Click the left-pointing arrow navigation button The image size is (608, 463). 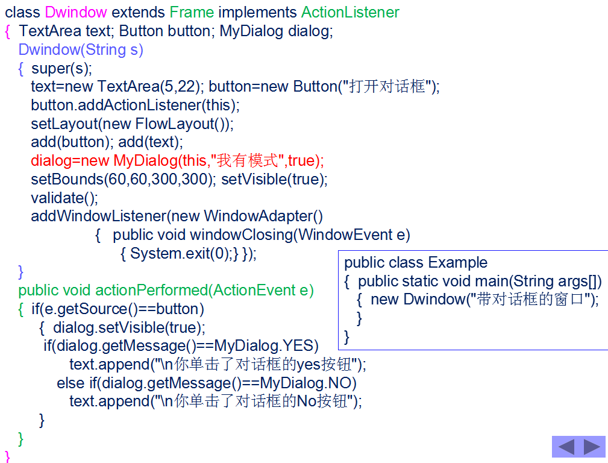(566, 447)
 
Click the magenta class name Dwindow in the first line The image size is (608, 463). (76, 12)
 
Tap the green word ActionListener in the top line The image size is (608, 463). (350, 12)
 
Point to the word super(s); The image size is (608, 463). (61, 68)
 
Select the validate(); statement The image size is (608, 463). (64, 198)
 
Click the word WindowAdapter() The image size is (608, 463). (263, 216)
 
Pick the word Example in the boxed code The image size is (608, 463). (459, 263)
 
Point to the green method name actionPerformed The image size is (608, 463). (151, 291)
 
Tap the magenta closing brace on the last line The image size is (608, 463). (7, 455)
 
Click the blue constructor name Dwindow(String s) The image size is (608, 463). (81, 49)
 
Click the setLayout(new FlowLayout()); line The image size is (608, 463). (132, 124)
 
